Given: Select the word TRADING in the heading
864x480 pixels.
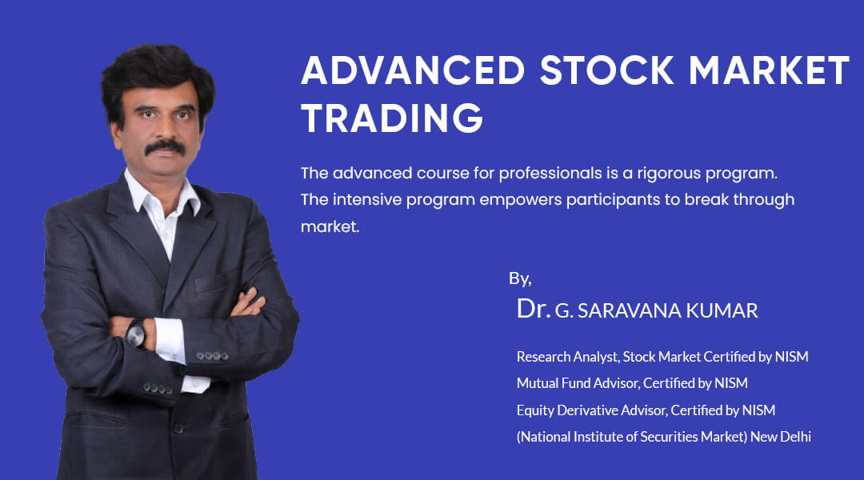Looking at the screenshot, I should point(392,118).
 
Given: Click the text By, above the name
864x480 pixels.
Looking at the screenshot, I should point(520,278).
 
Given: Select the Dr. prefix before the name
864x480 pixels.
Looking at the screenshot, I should point(533,309).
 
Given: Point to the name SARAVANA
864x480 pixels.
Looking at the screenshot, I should point(618,311).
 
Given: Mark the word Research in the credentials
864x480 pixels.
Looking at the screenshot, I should point(544,356).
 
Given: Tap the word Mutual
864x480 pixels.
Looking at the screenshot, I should point(537,383).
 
